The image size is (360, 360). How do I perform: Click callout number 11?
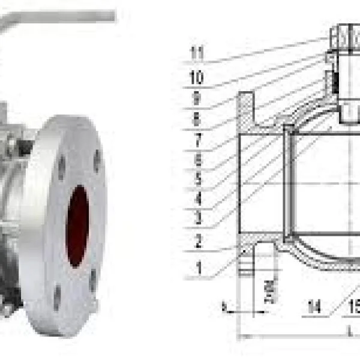click(x=196, y=53)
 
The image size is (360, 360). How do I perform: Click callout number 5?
click(x=196, y=178)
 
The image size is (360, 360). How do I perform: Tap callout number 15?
click(x=353, y=308)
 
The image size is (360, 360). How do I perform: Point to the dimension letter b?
click(x=224, y=307)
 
